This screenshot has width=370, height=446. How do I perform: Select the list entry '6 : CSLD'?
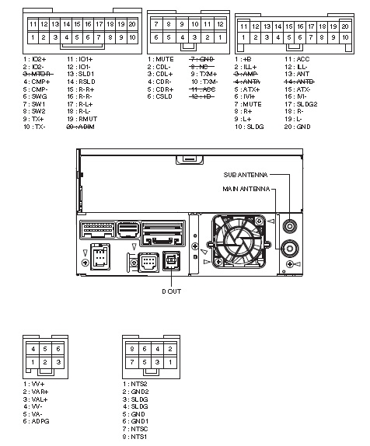162,97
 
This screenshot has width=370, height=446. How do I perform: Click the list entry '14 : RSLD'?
81,80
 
